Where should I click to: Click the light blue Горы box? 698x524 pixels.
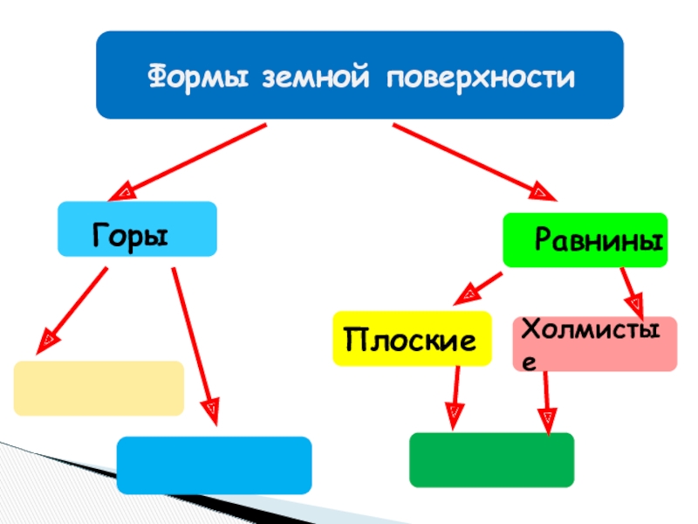coord(137,229)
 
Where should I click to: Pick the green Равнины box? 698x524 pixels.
coord(585,239)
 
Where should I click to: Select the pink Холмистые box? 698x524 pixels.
coord(594,343)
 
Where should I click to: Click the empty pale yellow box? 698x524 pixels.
coord(99,388)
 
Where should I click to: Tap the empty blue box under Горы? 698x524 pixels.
coord(214,465)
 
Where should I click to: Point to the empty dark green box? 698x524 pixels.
coord(491,459)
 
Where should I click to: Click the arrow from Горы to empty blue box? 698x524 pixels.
coord(194,341)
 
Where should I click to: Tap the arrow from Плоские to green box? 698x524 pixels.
coord(455,397)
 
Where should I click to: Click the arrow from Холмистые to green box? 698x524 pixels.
coord(547,402)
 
